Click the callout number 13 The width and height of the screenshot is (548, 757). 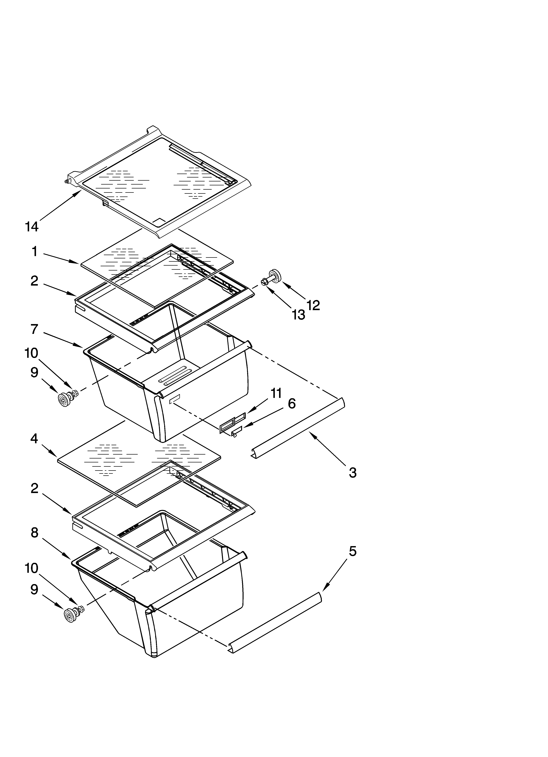pyautogui.click(x=298, y=314)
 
